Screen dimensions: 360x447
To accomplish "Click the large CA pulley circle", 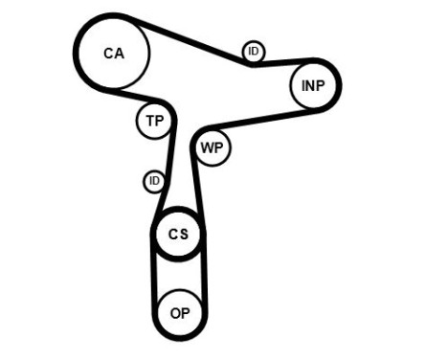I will pyautogui.click(x=113, y=54).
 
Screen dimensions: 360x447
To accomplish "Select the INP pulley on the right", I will pyautogui.click(x=313, y=86).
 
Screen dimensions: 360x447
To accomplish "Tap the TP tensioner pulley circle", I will pyautogui.click(x=153, y=121).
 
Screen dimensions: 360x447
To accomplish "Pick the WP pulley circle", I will pyautogui.click(x=212, y=149).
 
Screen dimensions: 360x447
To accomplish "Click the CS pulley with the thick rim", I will pyautogui.click(x=179, y=235).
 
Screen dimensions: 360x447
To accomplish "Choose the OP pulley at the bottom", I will pyautogui.click(x=180, y=312).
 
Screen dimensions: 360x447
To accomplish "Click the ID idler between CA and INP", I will pyautogui.click(x=253, y=52).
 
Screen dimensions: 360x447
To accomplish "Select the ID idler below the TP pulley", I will pyautogui.click(x=154, y=181).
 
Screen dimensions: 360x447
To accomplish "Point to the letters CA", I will pyautogui.click(x=113, y=54).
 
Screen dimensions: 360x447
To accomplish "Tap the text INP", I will pyautogui.click(x=313, y=86).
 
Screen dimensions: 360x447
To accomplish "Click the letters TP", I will pyautogui.click(x=153, y=121).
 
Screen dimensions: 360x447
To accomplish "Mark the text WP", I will pyautogui.click(x=212, y=149).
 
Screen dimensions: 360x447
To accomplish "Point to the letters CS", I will pyautogui.click(x=179, y=235).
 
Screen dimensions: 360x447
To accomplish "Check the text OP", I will pyautogui.click(x=180, y=312).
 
